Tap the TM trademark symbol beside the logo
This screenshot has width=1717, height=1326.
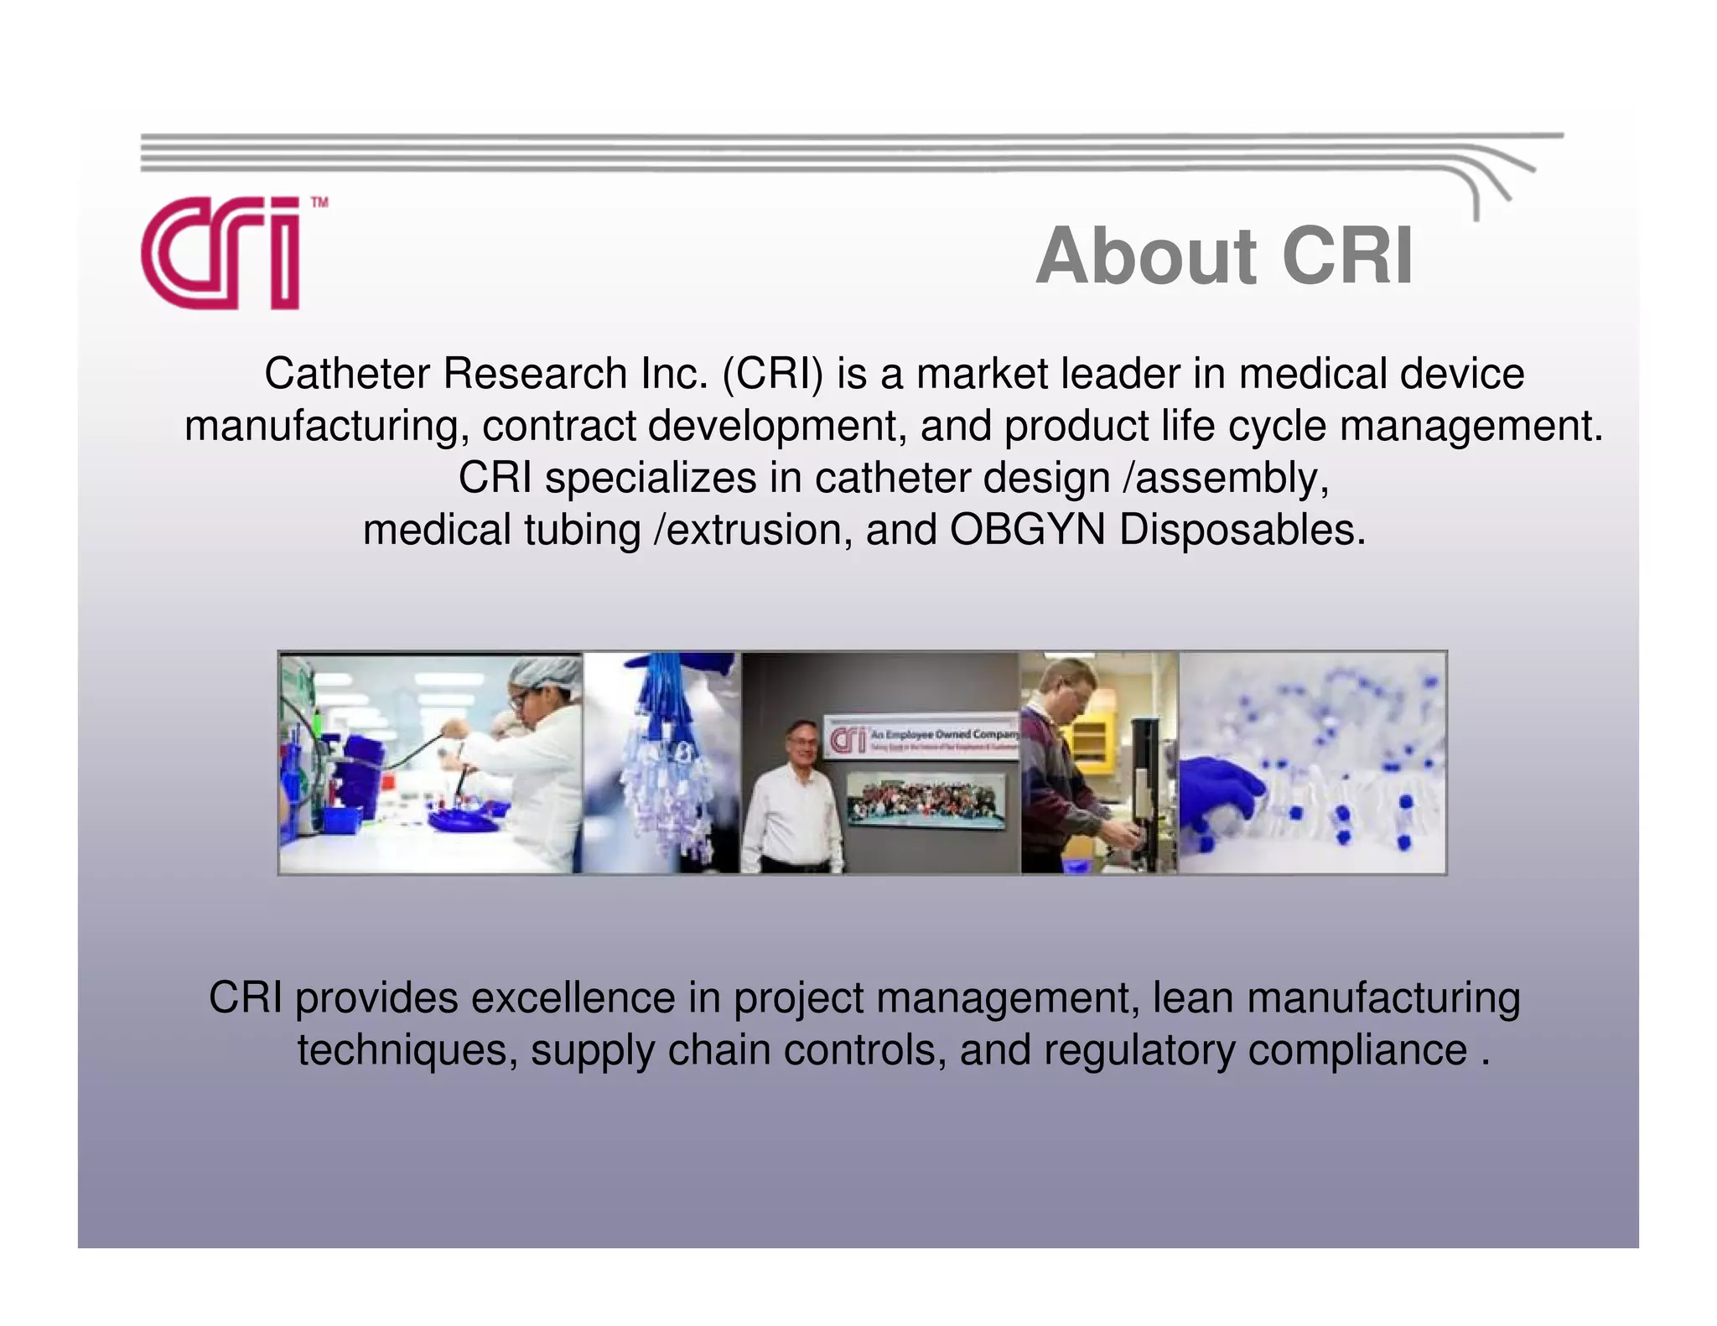[x=319, y=203]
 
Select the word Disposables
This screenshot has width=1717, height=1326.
[x=1242, y=530]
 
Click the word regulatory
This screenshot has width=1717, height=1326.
[x=1139, y=1050]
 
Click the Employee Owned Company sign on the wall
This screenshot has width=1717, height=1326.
[x=922, y=738]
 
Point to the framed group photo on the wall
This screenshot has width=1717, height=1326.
[x=926, y=800]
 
